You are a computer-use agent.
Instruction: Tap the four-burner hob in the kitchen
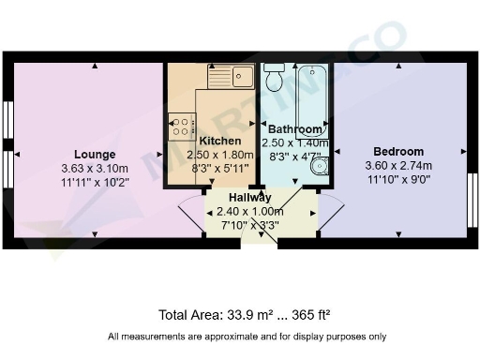[181, 125]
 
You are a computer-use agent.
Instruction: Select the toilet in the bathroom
[275, 79]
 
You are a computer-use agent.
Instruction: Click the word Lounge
[96, 155]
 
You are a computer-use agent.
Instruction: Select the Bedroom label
[398, 152]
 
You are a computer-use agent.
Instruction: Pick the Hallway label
[250, 198]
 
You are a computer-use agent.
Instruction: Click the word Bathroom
[295, 129]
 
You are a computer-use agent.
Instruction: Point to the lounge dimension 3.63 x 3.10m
[96, 169]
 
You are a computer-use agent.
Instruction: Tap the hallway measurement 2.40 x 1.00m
[250, 212]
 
